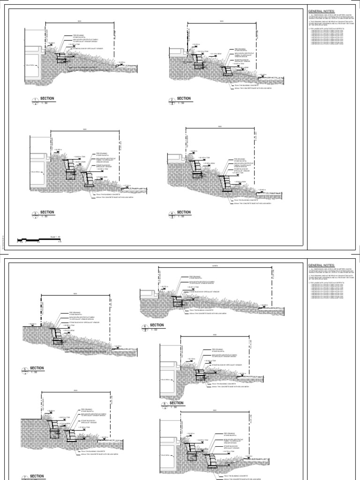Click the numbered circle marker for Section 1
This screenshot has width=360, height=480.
(x=34, y=100)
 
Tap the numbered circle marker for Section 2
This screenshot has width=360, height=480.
(x=172, y=100)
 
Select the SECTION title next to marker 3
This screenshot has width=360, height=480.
(x=47, y=212)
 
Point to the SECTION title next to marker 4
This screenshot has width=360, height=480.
(x=184, y=212)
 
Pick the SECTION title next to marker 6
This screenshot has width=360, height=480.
(x=157, y=324)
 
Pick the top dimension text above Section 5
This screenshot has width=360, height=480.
(x=75, y=294)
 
